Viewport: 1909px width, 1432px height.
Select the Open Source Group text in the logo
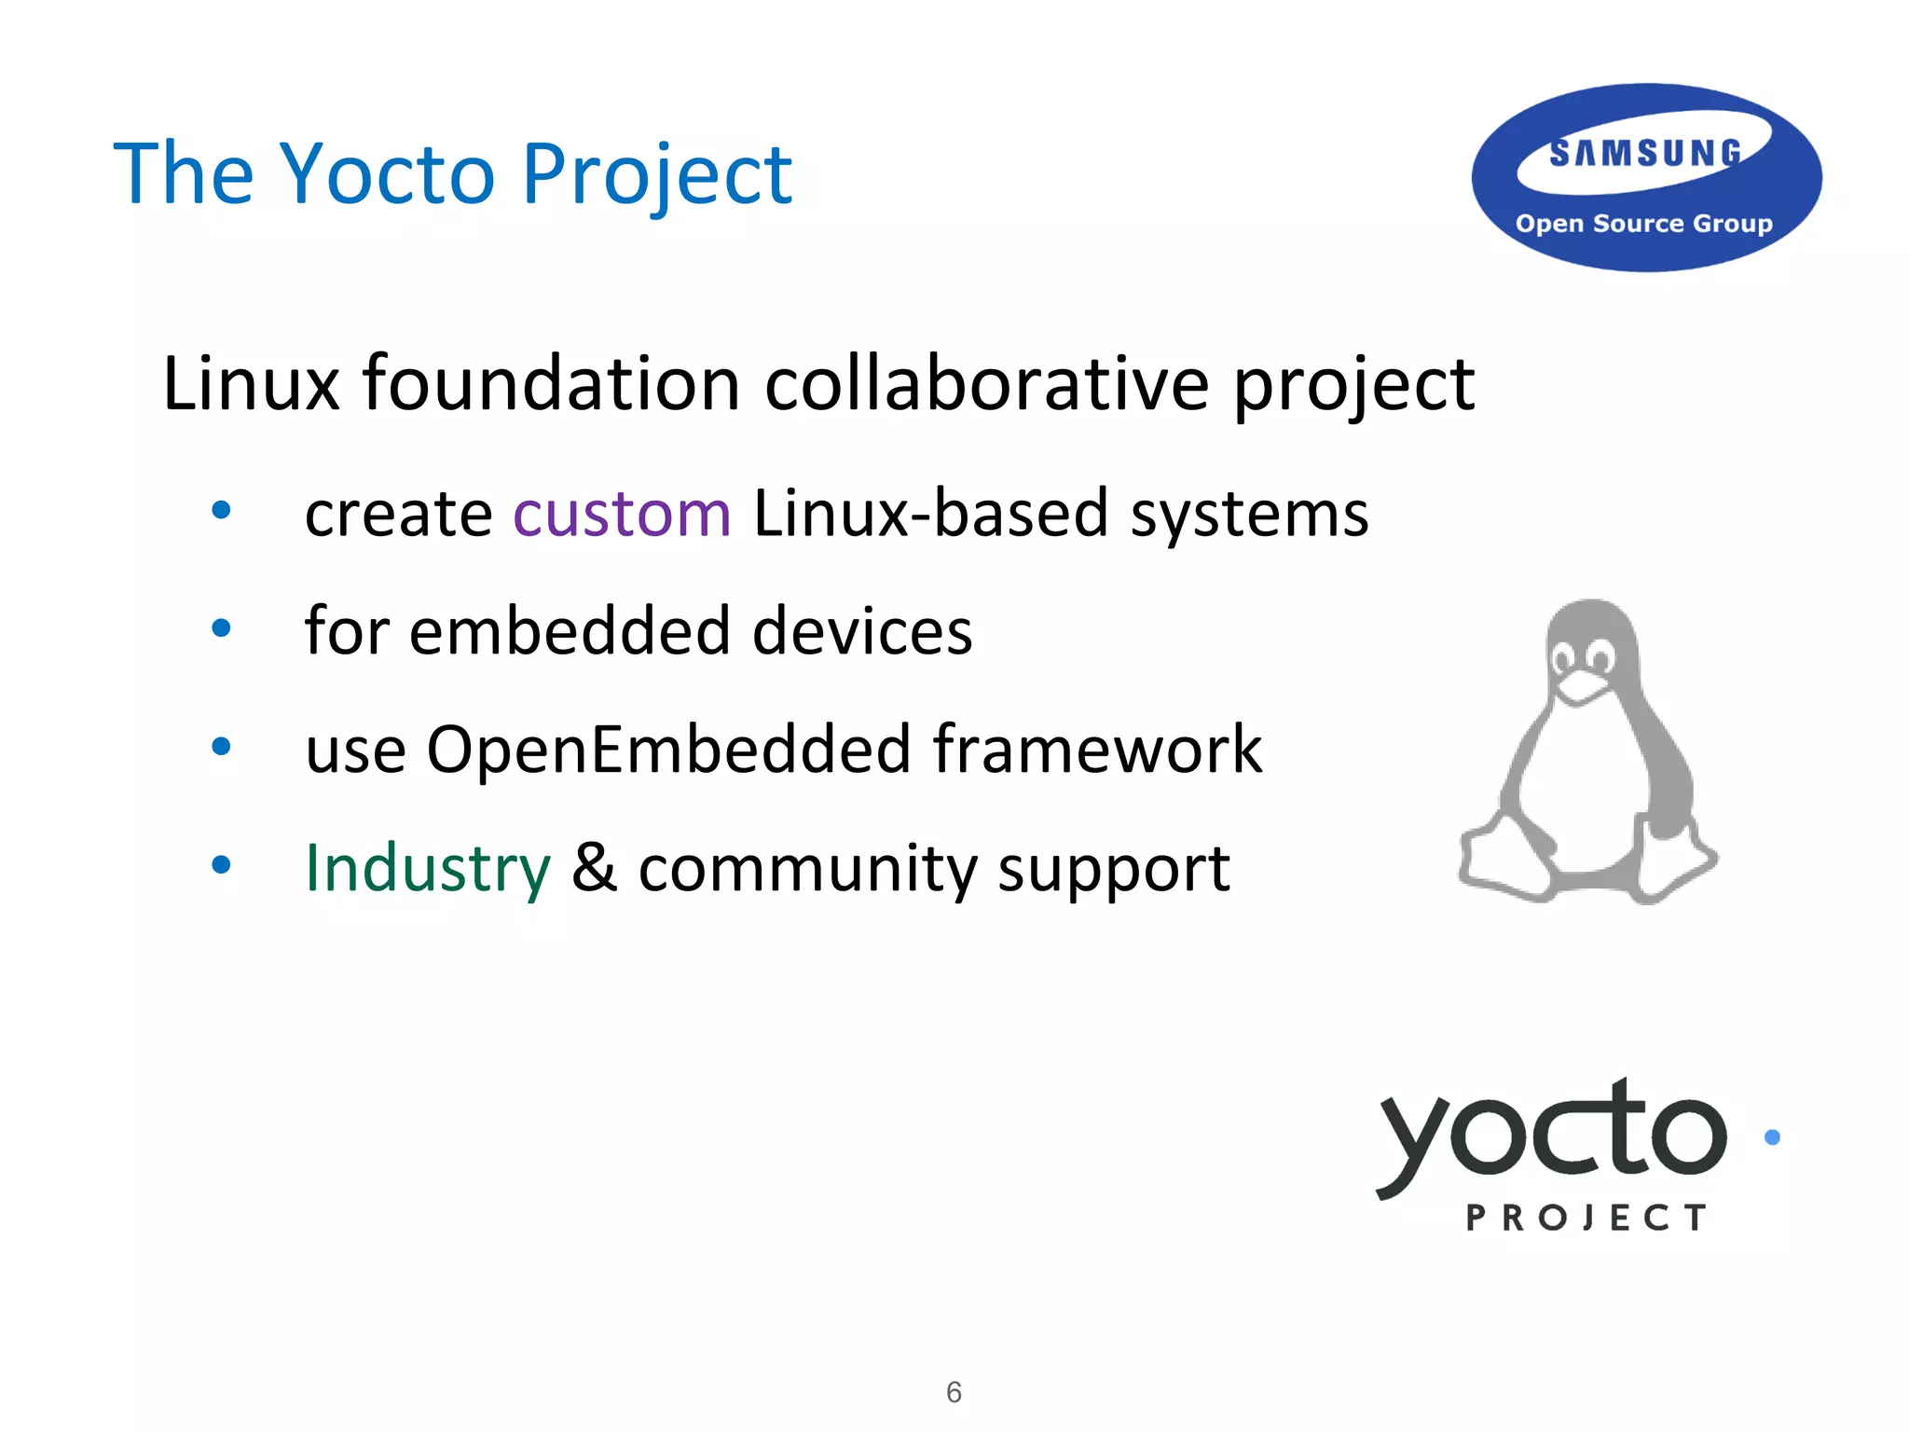click(x=1643, y=224)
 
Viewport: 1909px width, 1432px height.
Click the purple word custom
click(x=622, y=514)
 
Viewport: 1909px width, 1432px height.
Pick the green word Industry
click(x=428, y=868)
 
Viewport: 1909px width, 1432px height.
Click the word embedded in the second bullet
click(x=570, y=631)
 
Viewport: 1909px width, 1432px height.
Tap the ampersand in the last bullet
click(x=594, y=868)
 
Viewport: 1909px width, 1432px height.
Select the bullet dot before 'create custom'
click(x=221, y=510)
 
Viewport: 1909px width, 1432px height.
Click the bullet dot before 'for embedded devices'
click(x=221, y=628)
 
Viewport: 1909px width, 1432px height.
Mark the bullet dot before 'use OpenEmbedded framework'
click(x=221, y=746)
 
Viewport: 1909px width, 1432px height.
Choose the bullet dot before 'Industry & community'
click(x=221, y=864)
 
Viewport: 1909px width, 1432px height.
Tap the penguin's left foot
click(x=1503, y=862)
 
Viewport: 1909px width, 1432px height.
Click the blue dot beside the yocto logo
click(x=1772, y=1136)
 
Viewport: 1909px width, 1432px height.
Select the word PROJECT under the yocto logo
click(x=1586, y=1218)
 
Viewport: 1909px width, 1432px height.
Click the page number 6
click(x=954, y=1392)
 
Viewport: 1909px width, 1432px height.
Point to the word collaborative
click(x=986, y=384)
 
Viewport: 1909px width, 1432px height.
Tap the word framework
click(x=1097, y=750)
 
